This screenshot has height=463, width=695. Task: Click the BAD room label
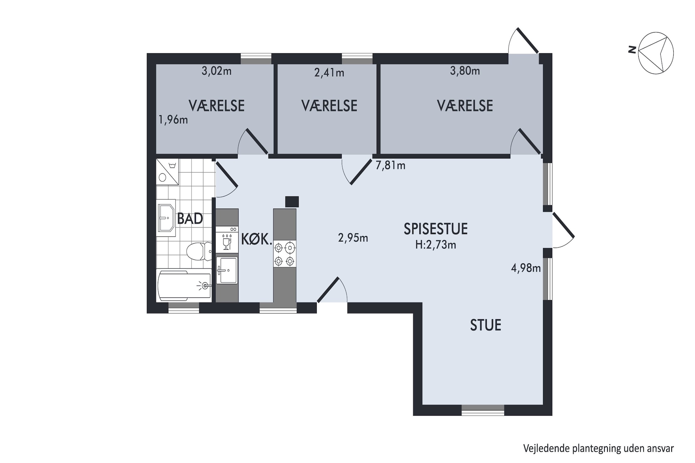pos(190,219)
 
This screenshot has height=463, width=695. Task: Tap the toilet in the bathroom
pos(198,251)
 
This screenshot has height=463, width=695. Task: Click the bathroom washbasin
pos(166,217)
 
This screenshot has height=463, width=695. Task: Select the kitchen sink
pos(227,270)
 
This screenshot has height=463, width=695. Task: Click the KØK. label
pos(257,239)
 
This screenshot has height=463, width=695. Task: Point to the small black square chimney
pos(292,201)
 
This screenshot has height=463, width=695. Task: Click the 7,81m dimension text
pos(390,166)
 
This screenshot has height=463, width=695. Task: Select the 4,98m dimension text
pos(526,268)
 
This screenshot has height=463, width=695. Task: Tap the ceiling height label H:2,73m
pos(435,245)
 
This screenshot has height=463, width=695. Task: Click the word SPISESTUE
pos(435,229)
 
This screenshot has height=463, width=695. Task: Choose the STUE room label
pos(485,325)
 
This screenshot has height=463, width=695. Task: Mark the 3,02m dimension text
pos(217,71)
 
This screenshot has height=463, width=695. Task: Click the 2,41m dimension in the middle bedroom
pos(329,73)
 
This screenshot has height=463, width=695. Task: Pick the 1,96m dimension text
pos(173,119)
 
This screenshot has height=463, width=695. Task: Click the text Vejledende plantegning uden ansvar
pos(598,448)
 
